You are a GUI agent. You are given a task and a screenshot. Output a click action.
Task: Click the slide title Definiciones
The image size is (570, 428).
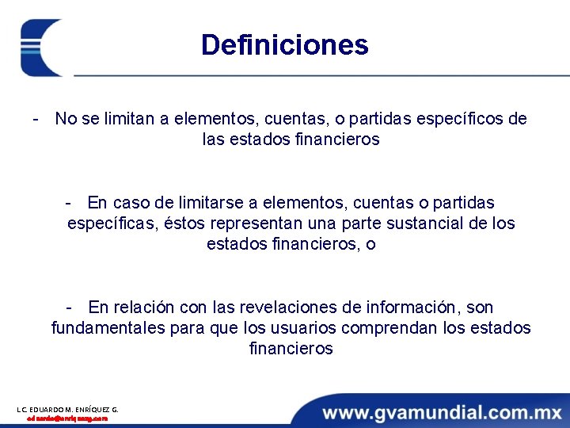coord(284,44)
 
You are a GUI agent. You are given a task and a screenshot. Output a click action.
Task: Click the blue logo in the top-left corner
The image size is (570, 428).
coord(41,48)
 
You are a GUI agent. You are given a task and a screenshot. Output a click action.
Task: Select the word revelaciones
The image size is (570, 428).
coord(281,308)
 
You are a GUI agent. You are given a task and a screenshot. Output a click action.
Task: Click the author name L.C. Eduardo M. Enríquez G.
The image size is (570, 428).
coord(67,409)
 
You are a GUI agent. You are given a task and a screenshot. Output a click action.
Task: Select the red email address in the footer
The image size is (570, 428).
coord(67,418)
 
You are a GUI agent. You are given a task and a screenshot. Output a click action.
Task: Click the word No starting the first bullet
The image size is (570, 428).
coord(66,119)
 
